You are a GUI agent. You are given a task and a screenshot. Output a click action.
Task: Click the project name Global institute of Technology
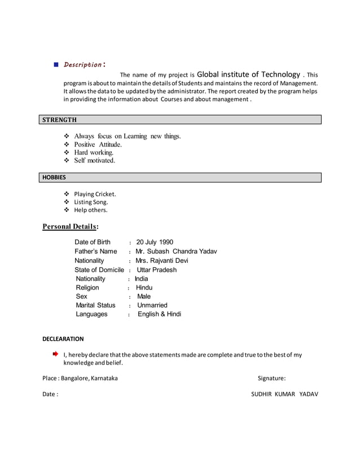tap(248, 74)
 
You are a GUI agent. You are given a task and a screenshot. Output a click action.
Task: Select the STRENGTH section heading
tap(59, 120)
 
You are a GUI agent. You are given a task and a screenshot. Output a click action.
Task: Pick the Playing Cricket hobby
tap(95, 194)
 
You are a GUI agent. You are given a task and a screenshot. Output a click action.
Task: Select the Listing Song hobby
tap(91, 202)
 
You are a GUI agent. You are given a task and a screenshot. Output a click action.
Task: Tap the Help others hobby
tap(90, 210)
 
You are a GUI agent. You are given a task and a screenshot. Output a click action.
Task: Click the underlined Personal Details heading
tap(71, 227)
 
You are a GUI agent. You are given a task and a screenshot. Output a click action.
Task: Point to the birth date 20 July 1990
tap(155, 243)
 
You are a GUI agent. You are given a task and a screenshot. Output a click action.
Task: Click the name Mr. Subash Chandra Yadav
tap(176, 252)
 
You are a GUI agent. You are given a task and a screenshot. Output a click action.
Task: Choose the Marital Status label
tap(95, 305)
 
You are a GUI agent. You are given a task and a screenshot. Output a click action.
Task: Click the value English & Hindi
tap(159, 314)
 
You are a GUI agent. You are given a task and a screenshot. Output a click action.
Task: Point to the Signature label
tap(271, 379)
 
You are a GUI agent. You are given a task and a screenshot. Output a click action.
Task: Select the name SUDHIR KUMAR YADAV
tap(284, 394)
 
